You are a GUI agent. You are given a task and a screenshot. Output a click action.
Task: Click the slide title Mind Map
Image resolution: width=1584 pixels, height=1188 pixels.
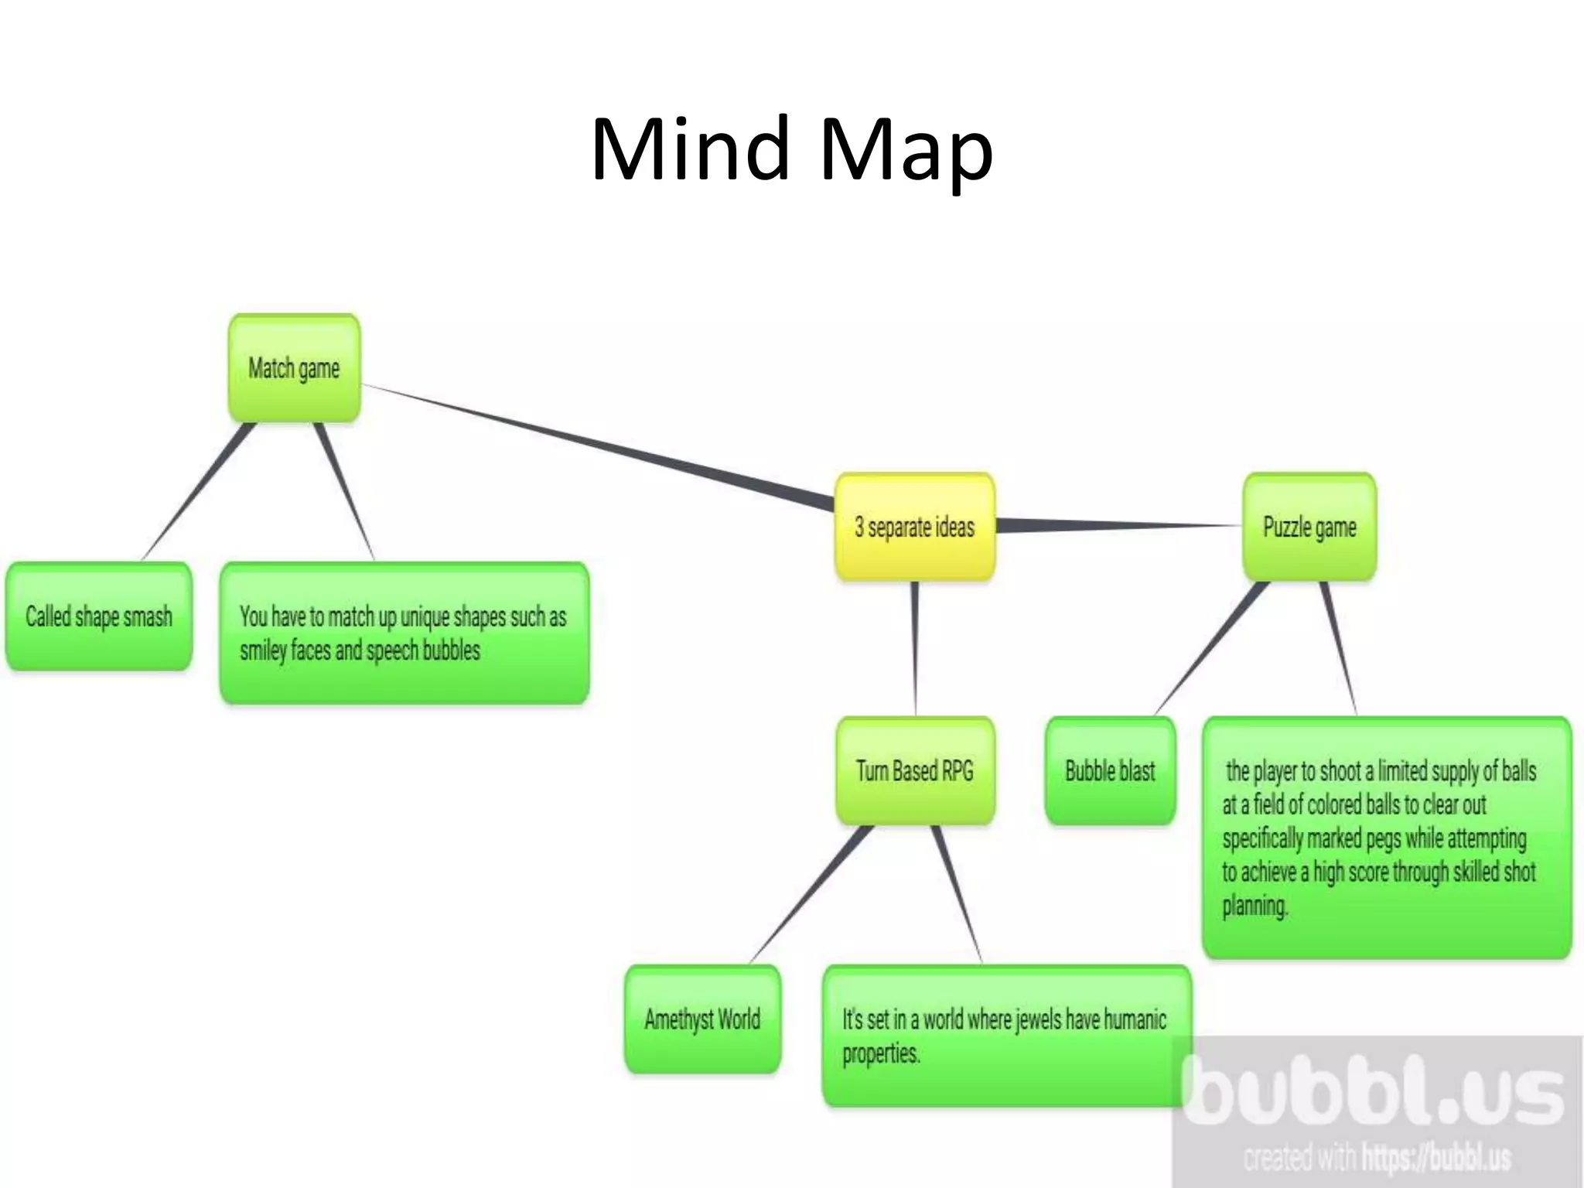(x=791, y=148)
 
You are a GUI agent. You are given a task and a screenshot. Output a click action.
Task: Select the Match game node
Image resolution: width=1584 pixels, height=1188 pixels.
(x=294, y=369)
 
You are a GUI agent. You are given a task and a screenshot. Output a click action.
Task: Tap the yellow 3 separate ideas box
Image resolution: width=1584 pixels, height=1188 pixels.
(x=914, y=527)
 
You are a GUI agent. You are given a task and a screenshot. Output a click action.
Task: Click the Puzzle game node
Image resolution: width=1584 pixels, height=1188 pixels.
(x=1309, y=527)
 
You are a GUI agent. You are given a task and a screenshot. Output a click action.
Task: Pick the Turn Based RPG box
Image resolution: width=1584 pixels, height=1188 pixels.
(x=914, y=771)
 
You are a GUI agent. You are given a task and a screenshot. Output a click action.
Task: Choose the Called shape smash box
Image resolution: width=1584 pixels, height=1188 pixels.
(x=98, y=617)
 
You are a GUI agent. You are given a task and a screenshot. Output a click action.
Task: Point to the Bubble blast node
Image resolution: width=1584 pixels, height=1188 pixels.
(x=1110, y=771)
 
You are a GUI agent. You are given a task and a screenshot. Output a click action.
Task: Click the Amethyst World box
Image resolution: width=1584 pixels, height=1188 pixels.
(x=702, y=1019)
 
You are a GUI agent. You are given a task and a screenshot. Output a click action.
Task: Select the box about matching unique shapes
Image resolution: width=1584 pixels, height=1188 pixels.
(x=404, y=633)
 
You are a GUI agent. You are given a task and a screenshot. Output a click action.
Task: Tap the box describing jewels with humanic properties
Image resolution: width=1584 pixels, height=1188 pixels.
(x=1005, y=1036)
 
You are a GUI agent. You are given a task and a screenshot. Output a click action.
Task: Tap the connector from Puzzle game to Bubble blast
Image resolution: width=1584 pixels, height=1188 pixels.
(x=1210, y=648)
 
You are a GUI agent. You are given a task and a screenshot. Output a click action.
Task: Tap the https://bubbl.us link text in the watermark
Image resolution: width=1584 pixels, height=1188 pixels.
(x=1435, y=1158)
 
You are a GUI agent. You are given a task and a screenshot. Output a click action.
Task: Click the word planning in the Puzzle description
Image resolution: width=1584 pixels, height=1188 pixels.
(x=1255, y=906)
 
